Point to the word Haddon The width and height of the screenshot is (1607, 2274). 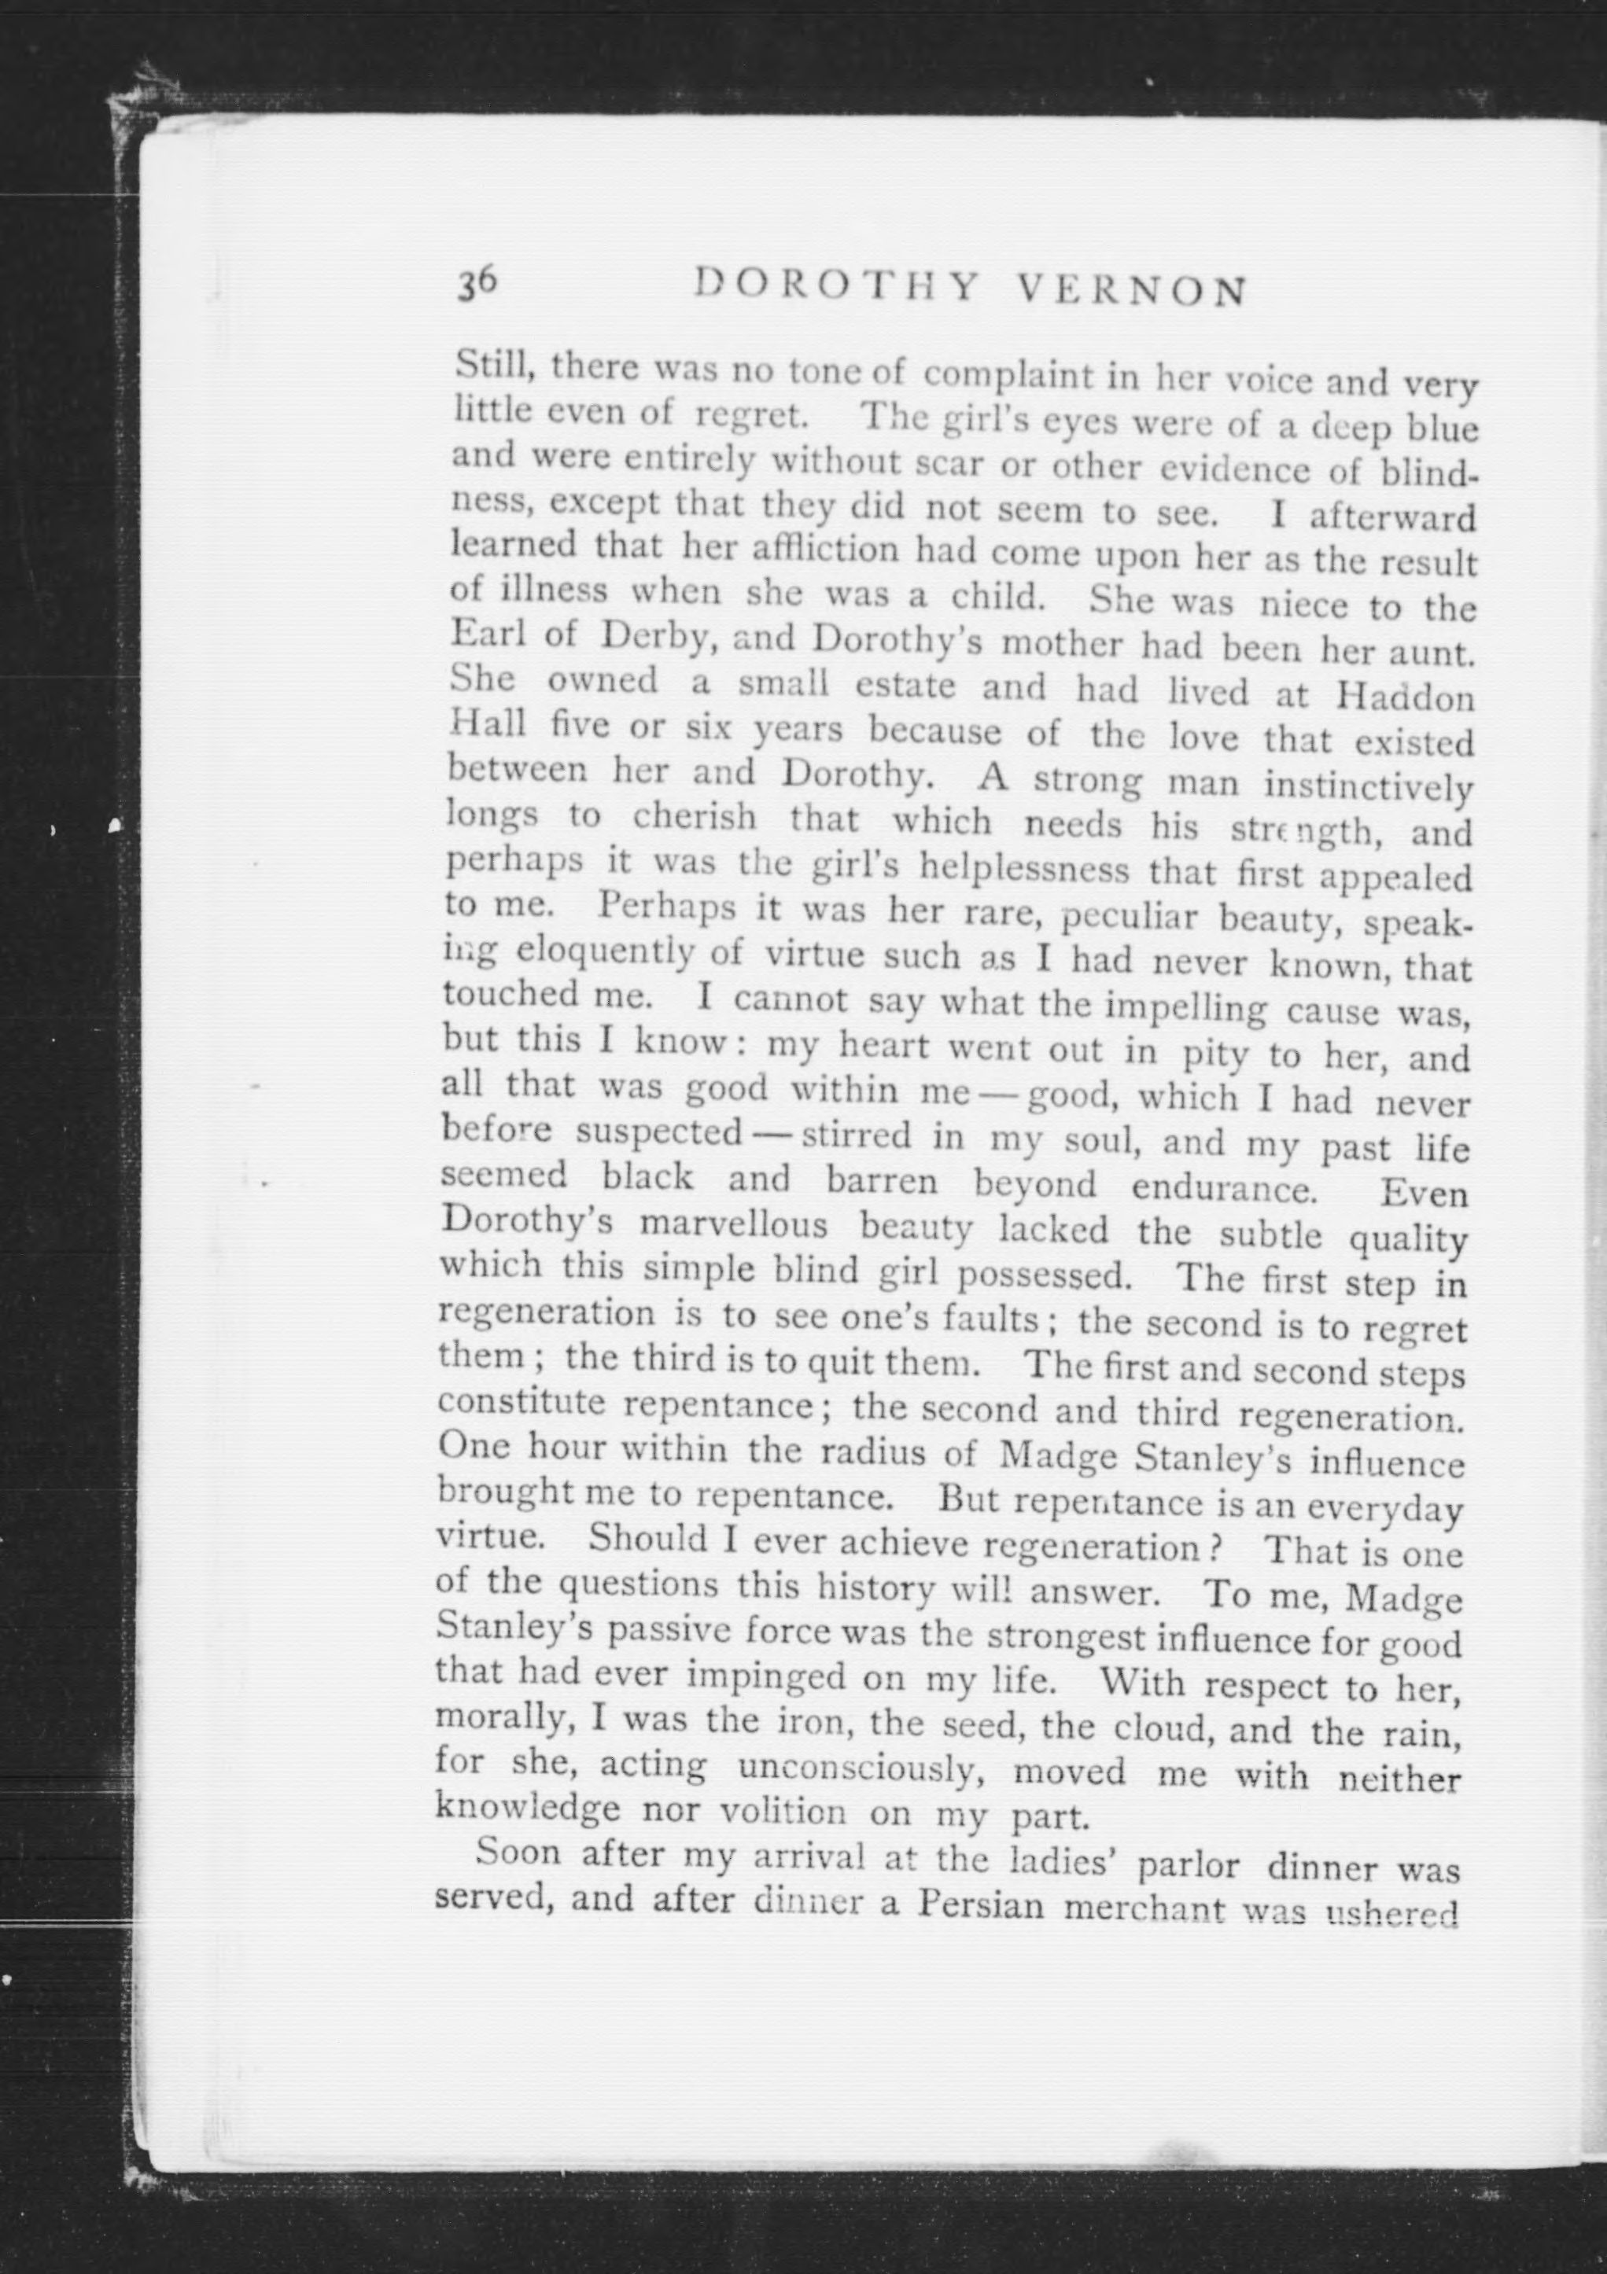point(1405,697)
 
